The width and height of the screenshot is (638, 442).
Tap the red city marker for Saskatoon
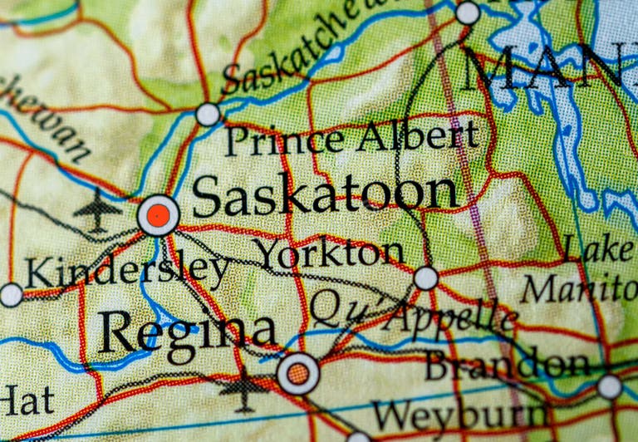(158, 216)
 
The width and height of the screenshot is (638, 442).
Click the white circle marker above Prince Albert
(208, 114)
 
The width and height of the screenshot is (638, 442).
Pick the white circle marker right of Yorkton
(426, 278)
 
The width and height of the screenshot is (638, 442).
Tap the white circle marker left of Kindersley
(11, 294)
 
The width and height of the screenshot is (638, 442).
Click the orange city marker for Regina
(298, 373)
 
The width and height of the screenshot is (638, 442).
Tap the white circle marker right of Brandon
(610, 386)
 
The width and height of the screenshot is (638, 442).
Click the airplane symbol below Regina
(243, 389)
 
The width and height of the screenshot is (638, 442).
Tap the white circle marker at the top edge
(468, 12)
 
